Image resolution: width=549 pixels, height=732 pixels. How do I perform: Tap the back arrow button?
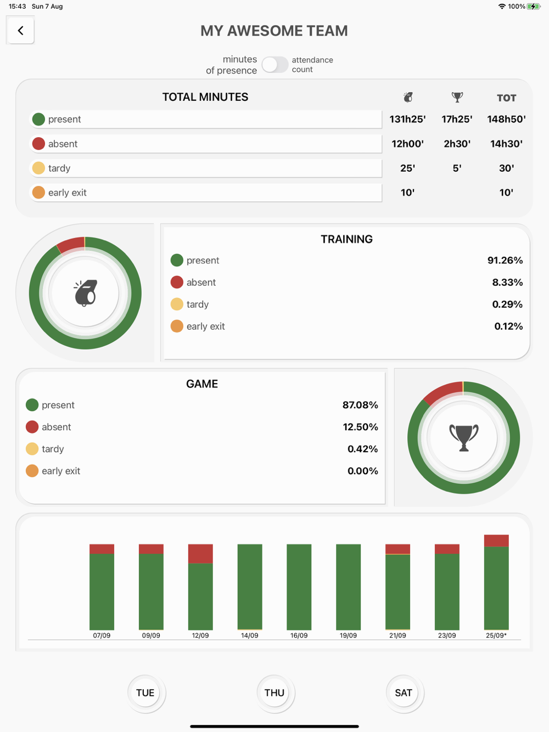point(21,31)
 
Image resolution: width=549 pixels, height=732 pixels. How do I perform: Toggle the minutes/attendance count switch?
point(274,65)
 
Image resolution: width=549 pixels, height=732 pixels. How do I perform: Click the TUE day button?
point(145,692)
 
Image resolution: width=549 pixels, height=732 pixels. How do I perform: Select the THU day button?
point(274,692)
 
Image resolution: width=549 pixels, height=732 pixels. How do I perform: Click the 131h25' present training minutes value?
point(407,119)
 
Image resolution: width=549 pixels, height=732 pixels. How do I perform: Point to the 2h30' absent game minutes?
point(457,144)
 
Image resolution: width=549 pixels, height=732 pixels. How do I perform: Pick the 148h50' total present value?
point(506,119)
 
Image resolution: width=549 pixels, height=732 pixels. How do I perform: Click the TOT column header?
point(506,98)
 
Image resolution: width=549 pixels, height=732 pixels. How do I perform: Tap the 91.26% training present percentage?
point(505,261)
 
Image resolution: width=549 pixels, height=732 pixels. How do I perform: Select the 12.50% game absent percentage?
point(360,427)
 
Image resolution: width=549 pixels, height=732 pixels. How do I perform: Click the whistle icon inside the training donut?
point(85,293)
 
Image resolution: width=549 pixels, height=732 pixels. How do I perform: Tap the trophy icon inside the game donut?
point(464,438)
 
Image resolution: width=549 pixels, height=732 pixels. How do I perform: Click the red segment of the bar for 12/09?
point(200,554)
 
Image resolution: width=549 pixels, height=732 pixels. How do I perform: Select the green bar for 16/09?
point(299,587)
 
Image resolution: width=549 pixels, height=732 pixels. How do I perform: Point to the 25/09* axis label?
point(496,635)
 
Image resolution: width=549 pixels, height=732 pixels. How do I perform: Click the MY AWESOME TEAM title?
point(274,31)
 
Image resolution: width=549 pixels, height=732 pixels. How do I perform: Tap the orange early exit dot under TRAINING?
point(177,326)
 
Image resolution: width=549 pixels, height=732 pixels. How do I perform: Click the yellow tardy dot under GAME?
point(32,449)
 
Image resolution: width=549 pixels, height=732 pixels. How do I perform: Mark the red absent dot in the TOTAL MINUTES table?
point(38,144)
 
